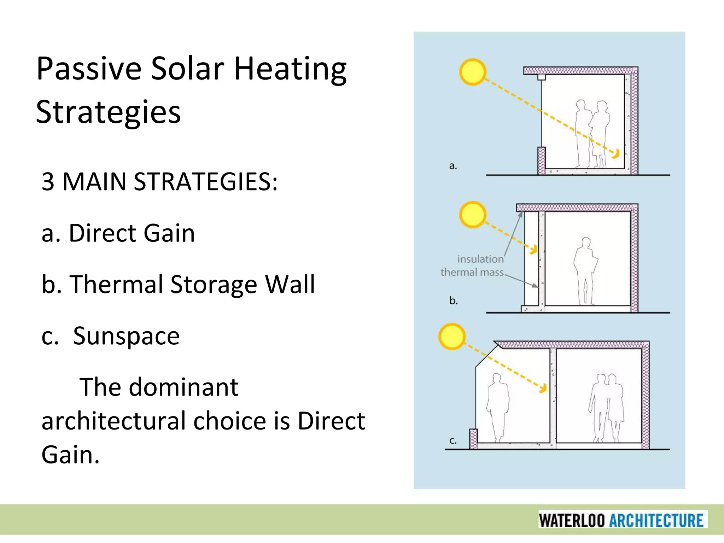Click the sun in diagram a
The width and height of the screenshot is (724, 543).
pos(473,72)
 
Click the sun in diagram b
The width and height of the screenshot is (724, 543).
pos(473,215)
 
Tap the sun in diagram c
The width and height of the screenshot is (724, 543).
pos(452,336)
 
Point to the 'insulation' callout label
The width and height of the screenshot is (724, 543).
pos(480,259)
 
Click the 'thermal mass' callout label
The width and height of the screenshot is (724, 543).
pos(472,272)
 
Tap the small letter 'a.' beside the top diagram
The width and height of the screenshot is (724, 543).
pos(453,165)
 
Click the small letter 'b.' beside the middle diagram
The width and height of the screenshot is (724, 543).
pos(454,300)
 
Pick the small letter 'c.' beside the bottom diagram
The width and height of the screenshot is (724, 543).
pos(453,440)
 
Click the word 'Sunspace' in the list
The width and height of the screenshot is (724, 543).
pos(126,336)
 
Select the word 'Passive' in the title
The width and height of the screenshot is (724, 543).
pos(89,69)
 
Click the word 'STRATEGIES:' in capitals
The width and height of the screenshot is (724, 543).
pos(206,182)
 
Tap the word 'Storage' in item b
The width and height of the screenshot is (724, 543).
pos(214,285)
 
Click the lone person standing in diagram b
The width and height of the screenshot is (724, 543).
pos(585,270)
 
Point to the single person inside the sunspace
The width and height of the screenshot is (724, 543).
pos(498,407)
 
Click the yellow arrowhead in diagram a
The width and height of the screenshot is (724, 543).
pos(616,154)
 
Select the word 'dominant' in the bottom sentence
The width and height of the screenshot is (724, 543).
pos(183,387)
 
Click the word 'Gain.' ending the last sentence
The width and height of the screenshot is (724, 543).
pos(70,455)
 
